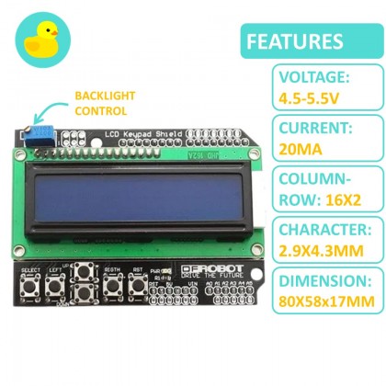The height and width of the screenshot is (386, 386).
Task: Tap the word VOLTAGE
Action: pyautogui.click(x=287, y=77)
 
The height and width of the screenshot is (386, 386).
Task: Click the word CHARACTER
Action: pyautogui.click(x=298, y=231)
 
